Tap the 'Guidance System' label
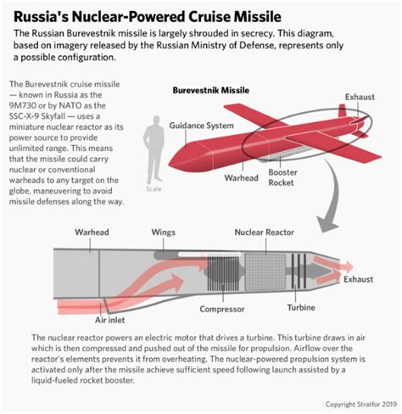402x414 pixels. click(201, 126)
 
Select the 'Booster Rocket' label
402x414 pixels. click(282, 177)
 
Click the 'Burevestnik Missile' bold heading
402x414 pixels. click(211, 91)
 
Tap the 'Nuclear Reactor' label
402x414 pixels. click(265, 232)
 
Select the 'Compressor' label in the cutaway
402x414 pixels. click(222, 309)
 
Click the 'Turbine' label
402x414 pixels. click(301, 307)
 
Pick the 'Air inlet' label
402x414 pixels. click(109, 320)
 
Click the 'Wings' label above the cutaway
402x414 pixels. click(164, 232)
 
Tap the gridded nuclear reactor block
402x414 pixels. click(261, 272)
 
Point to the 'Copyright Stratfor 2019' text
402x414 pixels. click(361, 404)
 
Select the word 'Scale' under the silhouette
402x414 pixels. click(154, 188)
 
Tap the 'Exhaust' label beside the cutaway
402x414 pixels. click(358, 279)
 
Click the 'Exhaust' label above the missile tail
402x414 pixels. click(360, 97)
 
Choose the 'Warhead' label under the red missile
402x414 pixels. click(241, 178)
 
